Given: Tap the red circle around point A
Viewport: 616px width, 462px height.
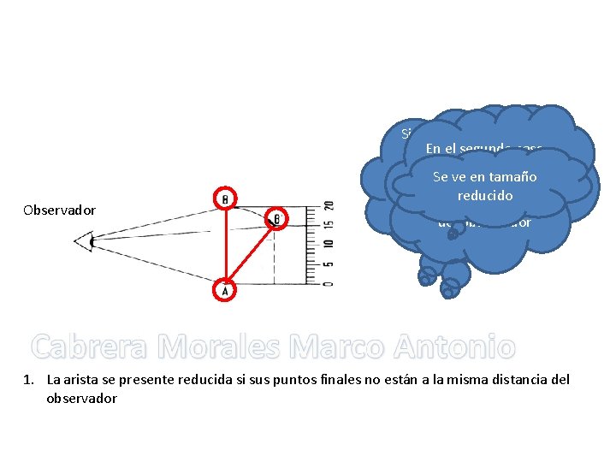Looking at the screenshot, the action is tap(225, 290).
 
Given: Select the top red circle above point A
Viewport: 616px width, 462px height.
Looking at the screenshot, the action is tap(225, 198).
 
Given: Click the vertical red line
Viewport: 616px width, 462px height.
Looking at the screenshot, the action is tap(225, 244).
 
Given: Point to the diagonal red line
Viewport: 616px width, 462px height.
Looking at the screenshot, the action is tap(252, 253).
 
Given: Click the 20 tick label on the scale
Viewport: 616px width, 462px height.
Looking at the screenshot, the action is tap(329, 206).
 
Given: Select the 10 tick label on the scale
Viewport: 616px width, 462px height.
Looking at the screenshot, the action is tap(329, 246).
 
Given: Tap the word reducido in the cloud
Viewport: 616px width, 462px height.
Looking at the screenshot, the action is tap(485, 195).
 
